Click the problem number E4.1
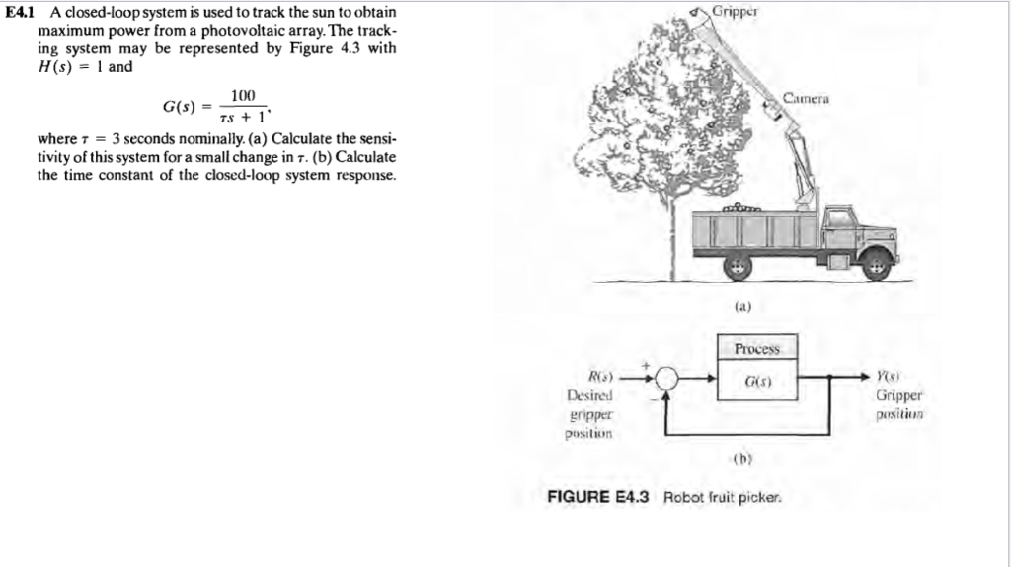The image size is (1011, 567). point(19,12)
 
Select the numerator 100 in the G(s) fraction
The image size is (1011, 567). point(242,95)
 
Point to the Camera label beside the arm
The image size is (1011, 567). point(807,99)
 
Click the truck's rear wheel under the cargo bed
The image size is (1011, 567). point(736,265)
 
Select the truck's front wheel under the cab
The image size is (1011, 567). point(874,264)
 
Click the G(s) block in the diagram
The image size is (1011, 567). point(757,380)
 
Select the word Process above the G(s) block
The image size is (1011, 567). point(757,349)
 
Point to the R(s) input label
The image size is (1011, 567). point(601,377)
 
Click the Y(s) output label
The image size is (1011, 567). point(887,377)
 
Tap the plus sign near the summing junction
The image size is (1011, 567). point(649,365)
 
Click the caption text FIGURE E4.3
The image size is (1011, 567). point(597,497)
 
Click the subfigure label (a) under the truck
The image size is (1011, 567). point(744,308)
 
